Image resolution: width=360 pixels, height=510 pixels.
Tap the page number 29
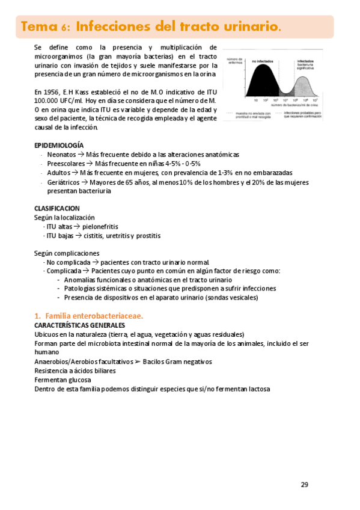(x=304, y=485)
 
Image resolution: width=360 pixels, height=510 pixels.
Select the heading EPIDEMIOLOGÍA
(x=59, y=146)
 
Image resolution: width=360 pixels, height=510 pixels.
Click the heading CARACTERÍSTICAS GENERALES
(x=79, y=325)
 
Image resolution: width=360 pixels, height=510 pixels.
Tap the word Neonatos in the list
(x=61, y=155)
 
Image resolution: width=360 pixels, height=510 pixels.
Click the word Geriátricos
(x=64, y=182)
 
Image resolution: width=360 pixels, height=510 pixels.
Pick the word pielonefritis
(x=104, y=226)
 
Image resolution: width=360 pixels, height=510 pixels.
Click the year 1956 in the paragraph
(x=53, y=92)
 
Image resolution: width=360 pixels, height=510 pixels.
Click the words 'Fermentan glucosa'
(x=63, y=380)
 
